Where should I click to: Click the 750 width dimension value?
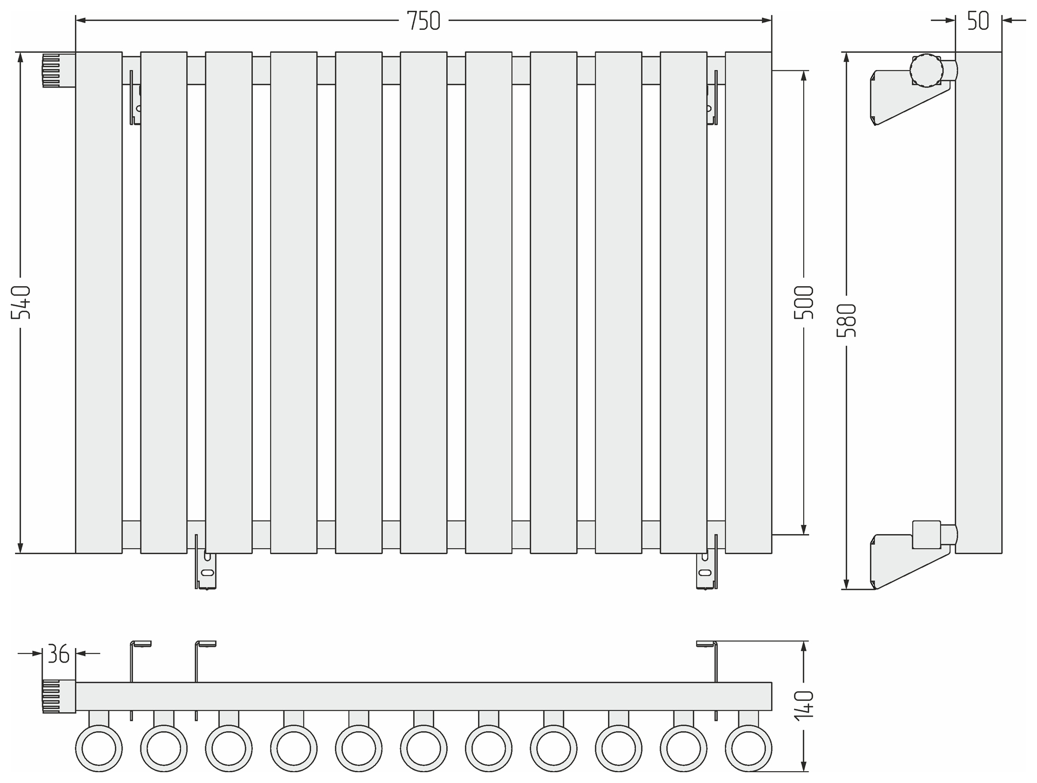(x=423, y=21)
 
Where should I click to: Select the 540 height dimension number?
(x=21, y=302)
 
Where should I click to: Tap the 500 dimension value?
(x=804, y=302)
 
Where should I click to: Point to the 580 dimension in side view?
(x=846, y=320)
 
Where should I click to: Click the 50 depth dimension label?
(x=978, y=21)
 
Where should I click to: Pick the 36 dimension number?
(x=58, y=654)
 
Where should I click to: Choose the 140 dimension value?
(x=804, y=704)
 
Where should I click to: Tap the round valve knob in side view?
(x=926, y=69)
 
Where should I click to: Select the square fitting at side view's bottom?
(x=926, y=535)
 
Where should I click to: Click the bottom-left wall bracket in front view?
(x=205, y=570)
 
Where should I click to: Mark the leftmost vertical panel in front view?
(x=99, y=302)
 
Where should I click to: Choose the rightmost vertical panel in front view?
(x=749, y=302)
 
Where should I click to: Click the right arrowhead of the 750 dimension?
(x=766, y=21)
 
